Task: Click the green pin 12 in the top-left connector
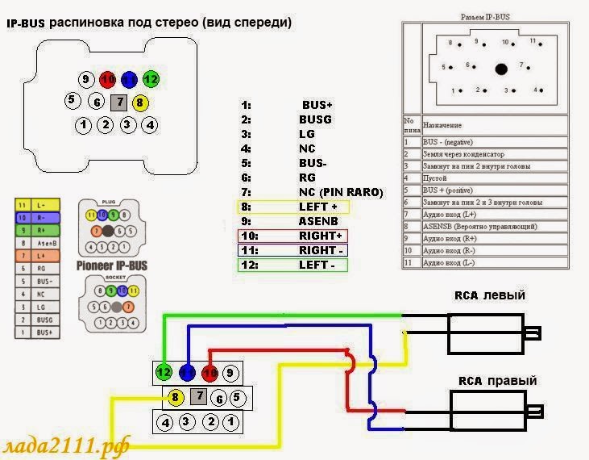(150, 80)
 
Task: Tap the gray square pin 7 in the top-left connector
(118, 102)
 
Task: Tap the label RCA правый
(497, 381)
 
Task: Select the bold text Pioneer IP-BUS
(111, 265)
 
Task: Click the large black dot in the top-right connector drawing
(501, 69)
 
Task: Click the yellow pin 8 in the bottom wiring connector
(174, 396)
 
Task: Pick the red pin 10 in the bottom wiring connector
(210, 373)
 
